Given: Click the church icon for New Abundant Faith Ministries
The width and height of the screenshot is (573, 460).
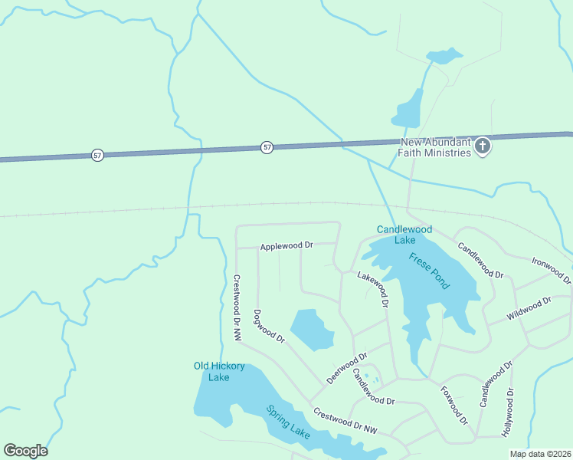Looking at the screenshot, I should tap(483, 146).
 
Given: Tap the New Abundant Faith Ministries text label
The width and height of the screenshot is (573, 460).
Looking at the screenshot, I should tap(434, 147).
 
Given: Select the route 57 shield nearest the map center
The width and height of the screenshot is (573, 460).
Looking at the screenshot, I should tap(267, 147).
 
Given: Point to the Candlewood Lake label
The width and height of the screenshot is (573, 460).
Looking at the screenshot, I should tap(404, 235).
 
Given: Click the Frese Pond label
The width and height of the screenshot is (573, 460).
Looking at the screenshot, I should tap(429, 271).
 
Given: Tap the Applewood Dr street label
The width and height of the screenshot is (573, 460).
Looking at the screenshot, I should tap(287, 246).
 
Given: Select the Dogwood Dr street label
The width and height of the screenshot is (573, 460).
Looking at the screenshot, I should tap(269, 326).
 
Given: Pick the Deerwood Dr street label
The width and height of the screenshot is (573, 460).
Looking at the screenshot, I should tap(347, 368).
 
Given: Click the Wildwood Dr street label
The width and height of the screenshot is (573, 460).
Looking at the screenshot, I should tap(529, 309).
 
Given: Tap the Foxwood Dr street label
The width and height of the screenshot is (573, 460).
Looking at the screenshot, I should tap(453, 405).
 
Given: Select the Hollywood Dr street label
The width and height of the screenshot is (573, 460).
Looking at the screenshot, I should tap(508, 412).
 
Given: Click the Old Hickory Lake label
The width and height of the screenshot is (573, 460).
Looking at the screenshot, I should tap(219, 371).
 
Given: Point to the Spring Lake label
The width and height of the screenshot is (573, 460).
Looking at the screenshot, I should tap(288, 422).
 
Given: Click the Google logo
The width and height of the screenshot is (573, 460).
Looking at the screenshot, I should tap(25, 450).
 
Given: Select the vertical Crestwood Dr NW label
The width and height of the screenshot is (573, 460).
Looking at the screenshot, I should tap(237, 307).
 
